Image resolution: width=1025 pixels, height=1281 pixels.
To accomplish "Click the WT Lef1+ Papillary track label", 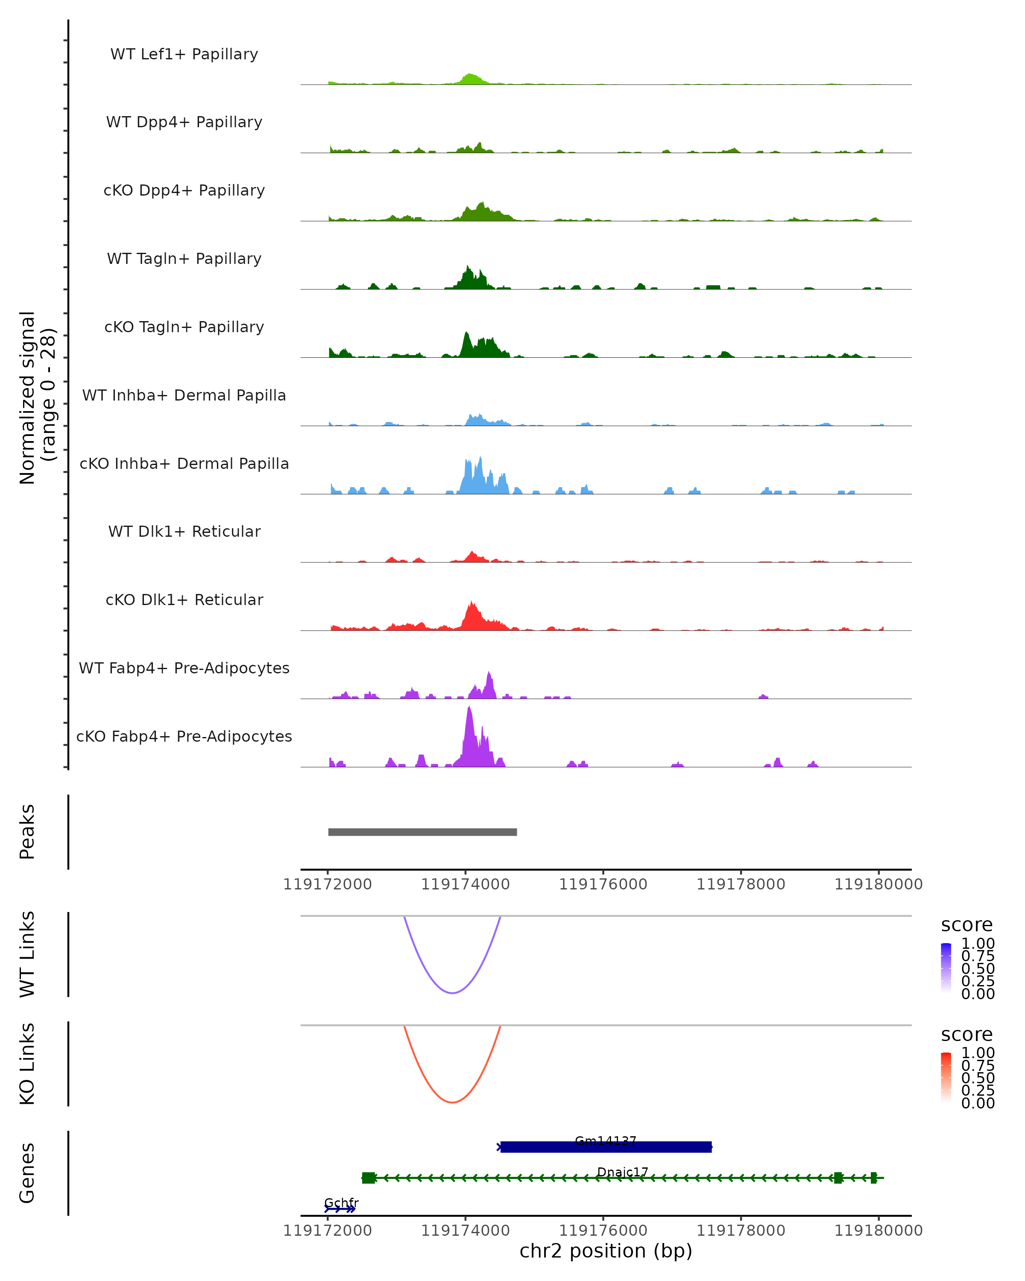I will (184, 54).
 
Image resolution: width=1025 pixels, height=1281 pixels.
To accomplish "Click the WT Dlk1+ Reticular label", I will (184, 531).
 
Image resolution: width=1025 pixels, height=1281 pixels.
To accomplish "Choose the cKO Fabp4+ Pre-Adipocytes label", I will (184, 736).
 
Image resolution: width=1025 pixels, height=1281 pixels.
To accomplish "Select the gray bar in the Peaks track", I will (422, 832).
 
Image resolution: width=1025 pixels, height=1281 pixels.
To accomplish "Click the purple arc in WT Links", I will (452, 993).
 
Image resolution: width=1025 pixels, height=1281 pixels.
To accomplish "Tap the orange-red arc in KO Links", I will (452, 1102).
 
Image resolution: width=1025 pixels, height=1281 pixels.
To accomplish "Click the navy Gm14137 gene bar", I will (606, 1147).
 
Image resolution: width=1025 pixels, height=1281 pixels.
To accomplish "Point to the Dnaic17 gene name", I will (622, 1172).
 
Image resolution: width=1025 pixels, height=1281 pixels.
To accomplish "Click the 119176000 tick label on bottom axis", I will (603, 1231).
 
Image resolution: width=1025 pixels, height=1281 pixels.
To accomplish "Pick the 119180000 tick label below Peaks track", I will (878, 885).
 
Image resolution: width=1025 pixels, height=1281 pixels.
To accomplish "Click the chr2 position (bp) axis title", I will (606, 1251).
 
